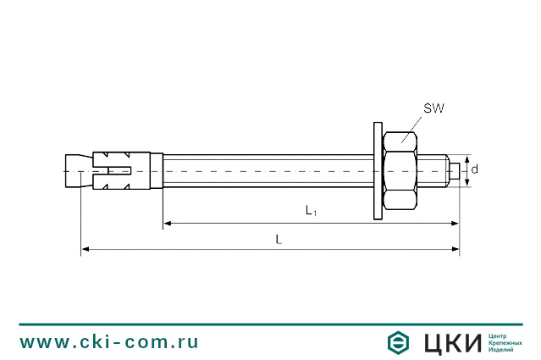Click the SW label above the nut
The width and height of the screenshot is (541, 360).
click(433, 109)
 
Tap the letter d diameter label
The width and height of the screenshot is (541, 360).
click(475, 169)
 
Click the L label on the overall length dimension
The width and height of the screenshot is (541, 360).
click(279, 240)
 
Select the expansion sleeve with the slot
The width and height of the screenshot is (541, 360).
click(121, 169)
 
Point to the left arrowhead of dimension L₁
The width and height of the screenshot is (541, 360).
click(168, 224)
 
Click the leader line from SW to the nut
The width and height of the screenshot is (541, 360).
click(413, 125)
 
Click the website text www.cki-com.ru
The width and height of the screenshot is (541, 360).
click(109, 341)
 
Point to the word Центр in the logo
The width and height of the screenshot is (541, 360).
click(500, 335)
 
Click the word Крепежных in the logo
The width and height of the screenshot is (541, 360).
click(505, 342)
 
